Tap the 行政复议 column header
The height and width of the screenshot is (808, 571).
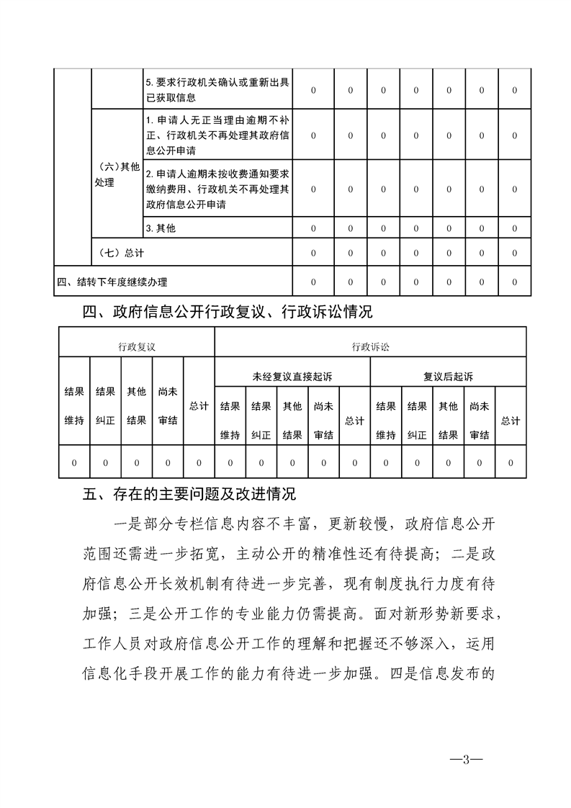pyautogui.click(x=137, y=346)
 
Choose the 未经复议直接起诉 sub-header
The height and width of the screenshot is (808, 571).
pyautogui.click(x=292, y=377)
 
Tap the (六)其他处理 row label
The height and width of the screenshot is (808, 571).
pyautogui.click(x=116, y=174)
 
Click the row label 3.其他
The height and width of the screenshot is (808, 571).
pyautogui.click(x=161, y=228)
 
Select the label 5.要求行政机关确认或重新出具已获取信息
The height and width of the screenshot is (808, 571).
pyautogui.click(x=217, y=90)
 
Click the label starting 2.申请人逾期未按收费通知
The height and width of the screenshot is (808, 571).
pyautogui.click(x=217, y=189)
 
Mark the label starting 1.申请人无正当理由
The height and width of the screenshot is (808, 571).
pyautogui.click(x=217, y=135)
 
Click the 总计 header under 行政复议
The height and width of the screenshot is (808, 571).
pyautogui.click(x=199, y=406)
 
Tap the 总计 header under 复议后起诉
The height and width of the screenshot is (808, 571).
pyautogui.click(x=511, y=421)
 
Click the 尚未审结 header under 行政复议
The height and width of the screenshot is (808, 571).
pyautogui.click(x=168, y=406)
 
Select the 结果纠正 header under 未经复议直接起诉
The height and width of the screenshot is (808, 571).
pyautogui.click(x=261, y=421)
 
